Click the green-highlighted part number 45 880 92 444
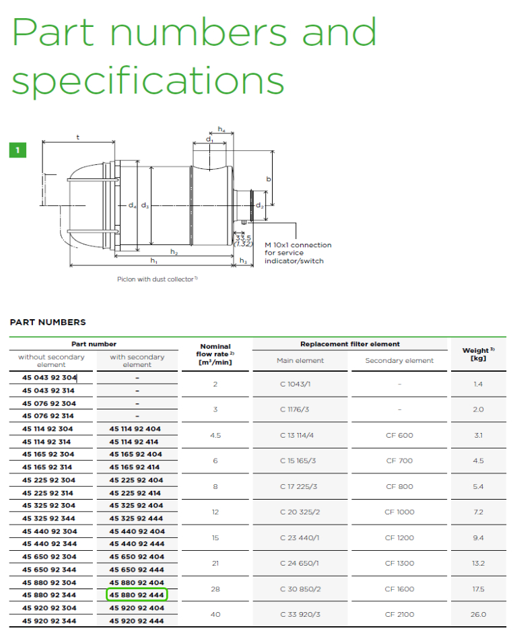(x=137, y=595)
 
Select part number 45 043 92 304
(x=49, y=377)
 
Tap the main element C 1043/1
(x=296, y=384)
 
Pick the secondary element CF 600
(x=399, y=435)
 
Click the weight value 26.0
(x=478, y=614)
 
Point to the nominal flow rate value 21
(x=215, y=563)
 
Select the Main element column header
(x=300, y=360)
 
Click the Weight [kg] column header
(x=478, y=354)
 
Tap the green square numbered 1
(x=18, y=150)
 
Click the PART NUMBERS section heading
(x=48, y=322)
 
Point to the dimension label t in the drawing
(x=78, y=137)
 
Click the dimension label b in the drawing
(x=268, y=178)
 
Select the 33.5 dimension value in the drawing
(x=243, y=238)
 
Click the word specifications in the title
(x=148, y=80)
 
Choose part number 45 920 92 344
(x=49, y=621)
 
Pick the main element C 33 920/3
(x=300, y=614)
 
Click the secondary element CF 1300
(x=399, y=563)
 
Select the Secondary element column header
(x=399, y=360)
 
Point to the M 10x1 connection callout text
(x=298, y=253)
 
